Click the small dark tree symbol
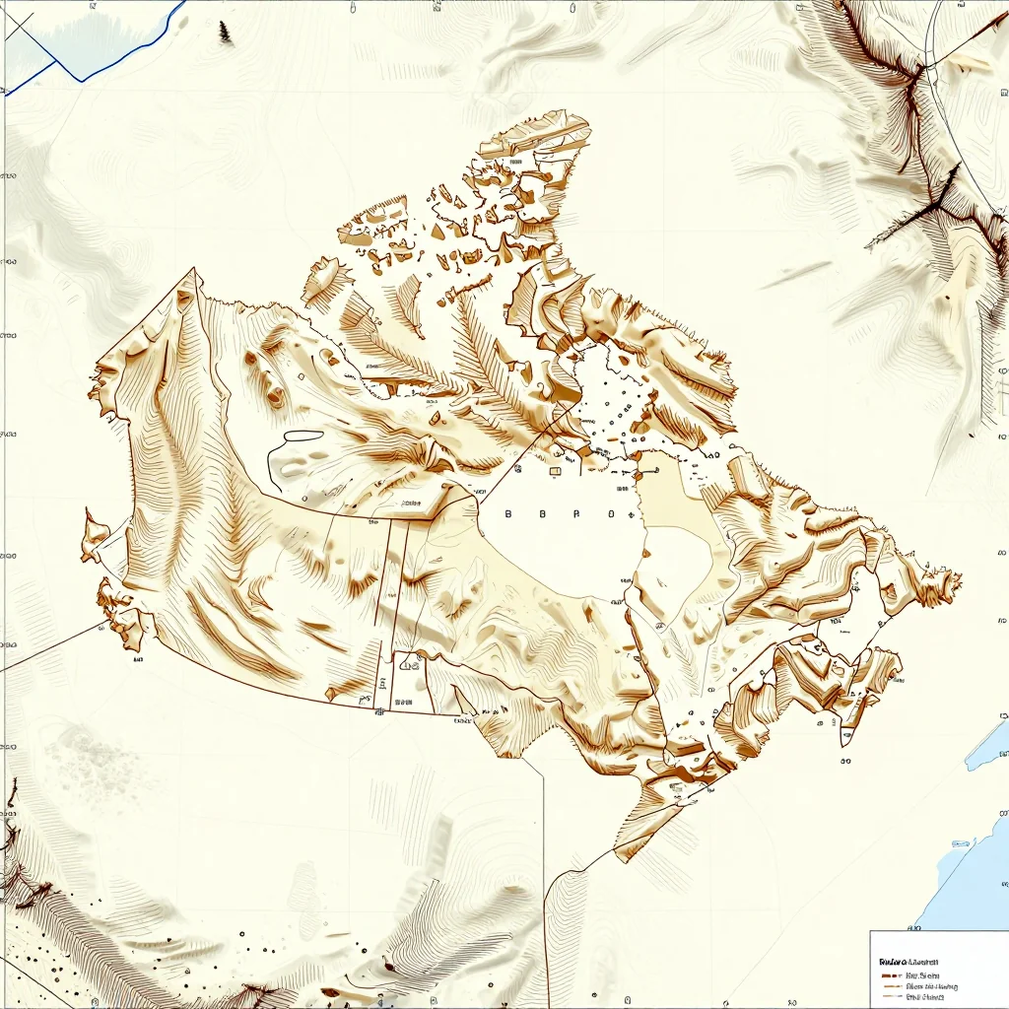coord(226,32)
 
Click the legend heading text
coord(908,960)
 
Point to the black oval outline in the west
coord(303,436)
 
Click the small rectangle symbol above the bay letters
coord(555,471)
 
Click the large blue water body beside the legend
coord(971,887)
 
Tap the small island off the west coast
coord(95,532)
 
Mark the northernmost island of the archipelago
coord(537,133)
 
